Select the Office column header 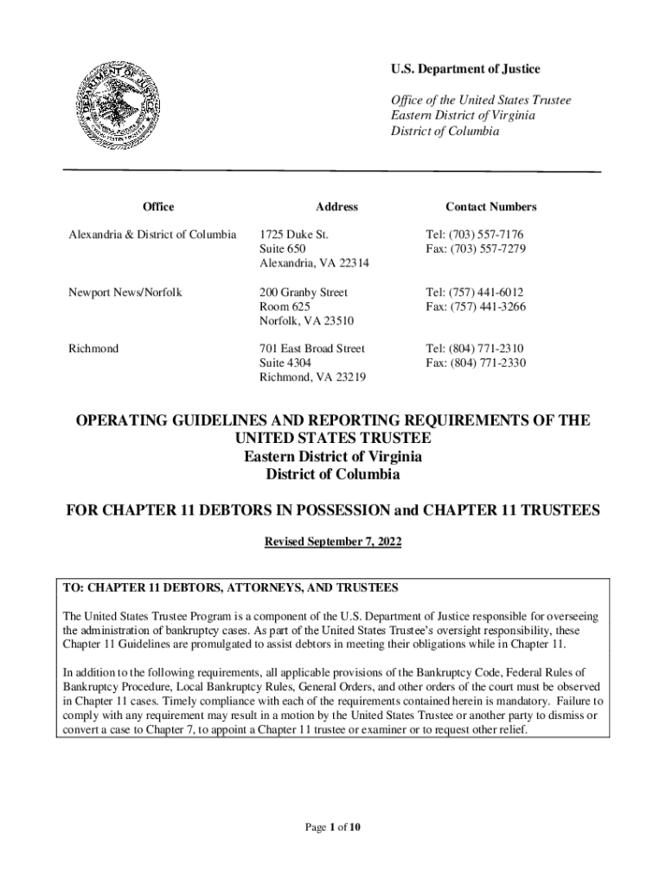(157, 207)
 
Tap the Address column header (336, 207)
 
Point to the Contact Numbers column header (490, 207)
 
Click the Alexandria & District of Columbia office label (152, 234)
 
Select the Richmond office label (94, 349)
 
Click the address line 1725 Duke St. (294, 234)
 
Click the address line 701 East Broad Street (312, 349)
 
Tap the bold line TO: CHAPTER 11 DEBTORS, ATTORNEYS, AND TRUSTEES (231, 588)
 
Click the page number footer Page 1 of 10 (332, 827)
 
